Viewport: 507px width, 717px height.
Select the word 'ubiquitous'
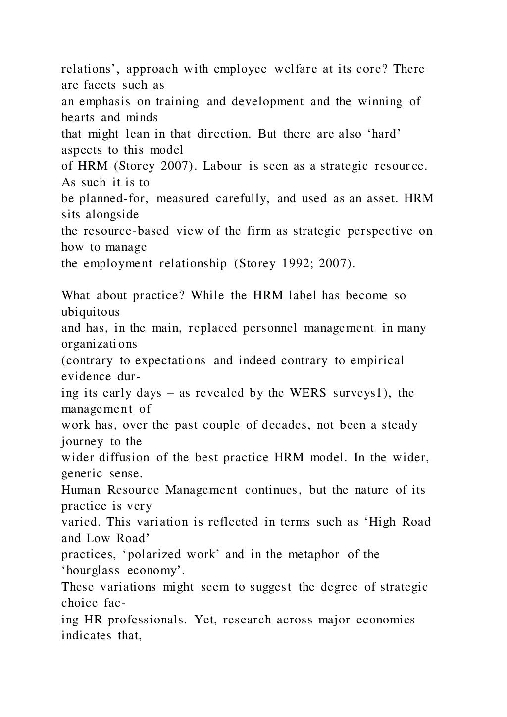click(x=90, y=312)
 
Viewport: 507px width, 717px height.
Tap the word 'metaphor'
click(x=316, y=555)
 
